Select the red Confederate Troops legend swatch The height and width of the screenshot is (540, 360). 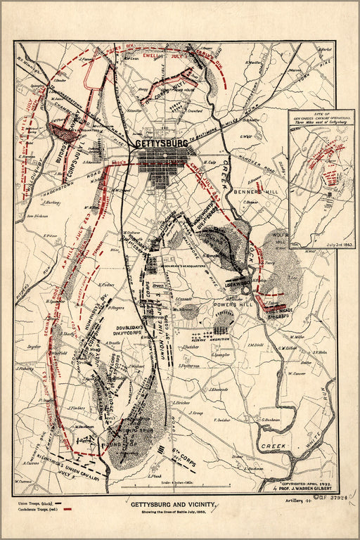68,513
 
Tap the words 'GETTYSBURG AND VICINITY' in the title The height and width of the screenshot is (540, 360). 174,503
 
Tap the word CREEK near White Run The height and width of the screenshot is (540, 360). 271,446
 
